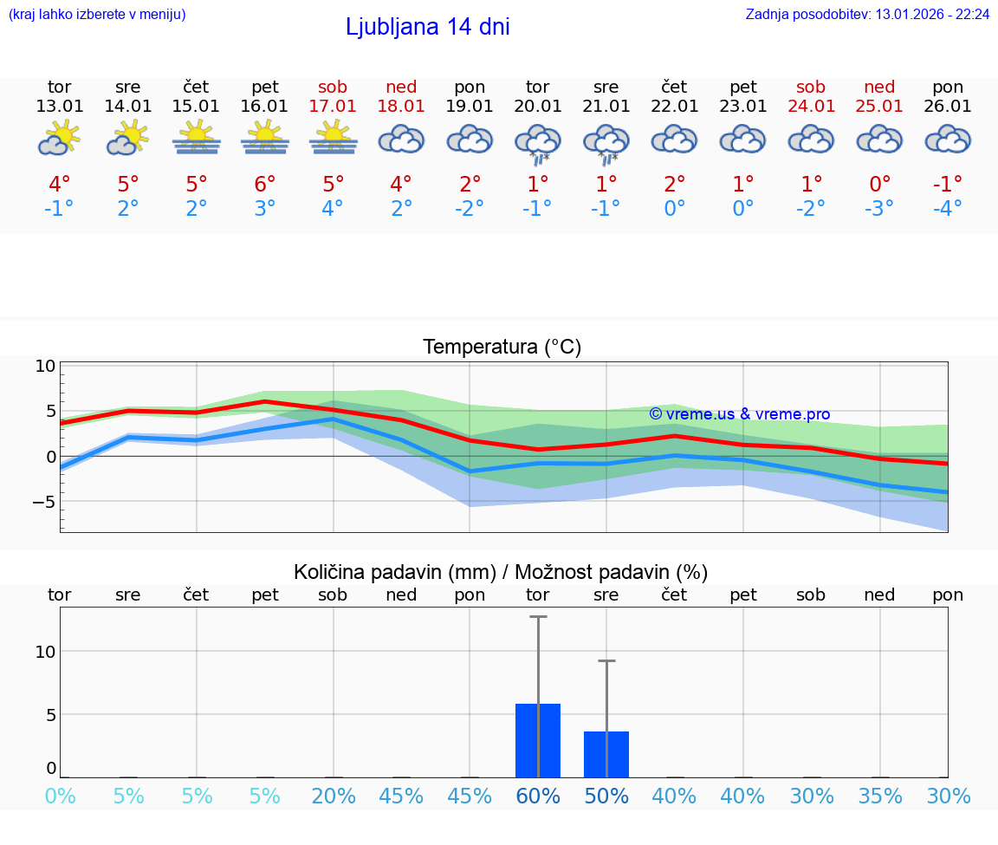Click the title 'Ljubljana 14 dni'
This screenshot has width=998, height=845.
click(x=427, y=27)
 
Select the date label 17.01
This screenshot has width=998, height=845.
click(x=334, y=107)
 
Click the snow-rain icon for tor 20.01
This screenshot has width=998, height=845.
click(x=538, y=144)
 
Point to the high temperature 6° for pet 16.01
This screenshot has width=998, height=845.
click(x=265, y=184)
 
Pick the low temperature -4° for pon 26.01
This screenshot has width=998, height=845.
click(x=948, y=209)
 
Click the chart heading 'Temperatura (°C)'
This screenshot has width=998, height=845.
click(x=502, y=348)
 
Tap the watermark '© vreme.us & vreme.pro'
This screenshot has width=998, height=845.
click(x=739, y=414)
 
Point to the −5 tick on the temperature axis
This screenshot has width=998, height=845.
click(x=42, y=502)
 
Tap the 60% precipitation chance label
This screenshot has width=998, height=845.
click(x=538, y=796)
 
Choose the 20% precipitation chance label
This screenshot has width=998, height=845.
click(x=334, y=796)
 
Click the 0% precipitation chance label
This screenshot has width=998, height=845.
click(x=60, y=796)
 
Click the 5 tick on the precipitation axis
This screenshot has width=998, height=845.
click(x=50, y=715)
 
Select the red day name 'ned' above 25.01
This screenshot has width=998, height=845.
click(x=879, y=87)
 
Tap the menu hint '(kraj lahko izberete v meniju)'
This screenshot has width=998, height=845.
click(x=97, y=14)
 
